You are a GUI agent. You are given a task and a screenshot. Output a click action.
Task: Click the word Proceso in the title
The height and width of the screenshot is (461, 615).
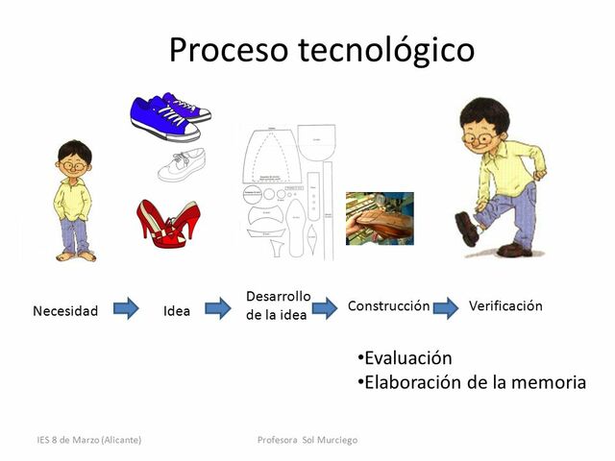[229, 50]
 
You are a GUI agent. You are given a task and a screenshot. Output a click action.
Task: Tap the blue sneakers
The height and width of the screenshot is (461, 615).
[169, 117]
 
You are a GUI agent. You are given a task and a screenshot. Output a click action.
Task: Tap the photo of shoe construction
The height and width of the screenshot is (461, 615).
[380, 218]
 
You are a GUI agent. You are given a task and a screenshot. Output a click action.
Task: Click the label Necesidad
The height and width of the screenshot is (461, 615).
[65, 310]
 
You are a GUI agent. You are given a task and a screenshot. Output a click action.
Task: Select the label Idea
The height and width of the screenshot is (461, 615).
[177, 310]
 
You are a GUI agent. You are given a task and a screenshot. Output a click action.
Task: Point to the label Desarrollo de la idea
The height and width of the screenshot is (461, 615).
[278, 305]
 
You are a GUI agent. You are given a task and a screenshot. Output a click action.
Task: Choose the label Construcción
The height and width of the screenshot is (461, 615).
[388, 306]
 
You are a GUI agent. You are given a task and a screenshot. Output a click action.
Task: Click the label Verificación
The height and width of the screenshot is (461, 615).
[505, 306]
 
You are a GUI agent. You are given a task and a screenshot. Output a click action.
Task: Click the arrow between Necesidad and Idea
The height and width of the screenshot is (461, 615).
[126, 309]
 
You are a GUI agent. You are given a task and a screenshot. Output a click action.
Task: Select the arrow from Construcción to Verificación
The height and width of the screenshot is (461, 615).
[445, 308]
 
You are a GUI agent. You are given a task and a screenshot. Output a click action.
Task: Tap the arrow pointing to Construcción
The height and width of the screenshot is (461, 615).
[324, 308]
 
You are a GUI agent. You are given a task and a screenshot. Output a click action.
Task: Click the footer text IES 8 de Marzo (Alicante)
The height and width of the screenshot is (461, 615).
[88, 440]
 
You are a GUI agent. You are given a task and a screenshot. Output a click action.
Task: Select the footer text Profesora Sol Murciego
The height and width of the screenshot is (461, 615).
[307, 440]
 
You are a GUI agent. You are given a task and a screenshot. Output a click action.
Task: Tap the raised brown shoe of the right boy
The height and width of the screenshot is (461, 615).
[468, 229]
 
